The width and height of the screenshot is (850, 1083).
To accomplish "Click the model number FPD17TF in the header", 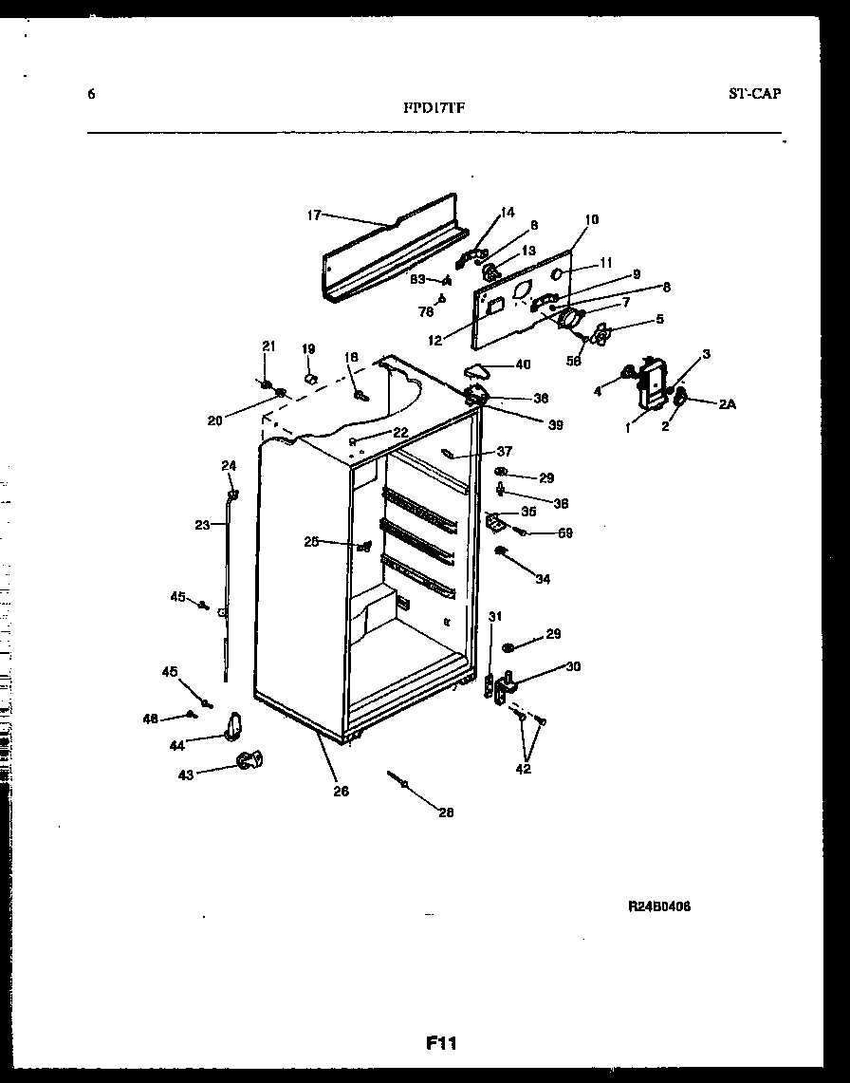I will coord(434,107).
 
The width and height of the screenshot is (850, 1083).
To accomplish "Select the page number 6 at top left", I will coord(91,93).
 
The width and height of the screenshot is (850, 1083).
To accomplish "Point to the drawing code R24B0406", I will coord(658,906).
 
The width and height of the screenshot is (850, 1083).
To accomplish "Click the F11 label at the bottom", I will coord(441,1044).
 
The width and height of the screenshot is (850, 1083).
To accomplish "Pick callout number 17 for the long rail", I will coord(314,215).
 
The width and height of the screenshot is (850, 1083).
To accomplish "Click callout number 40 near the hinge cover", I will coord(523,364).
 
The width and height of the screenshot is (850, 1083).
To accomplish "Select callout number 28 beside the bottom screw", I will coord(446,812).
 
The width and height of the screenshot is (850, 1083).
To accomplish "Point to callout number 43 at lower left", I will coord(185,775).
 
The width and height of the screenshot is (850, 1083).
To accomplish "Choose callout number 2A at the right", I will coord(727,404).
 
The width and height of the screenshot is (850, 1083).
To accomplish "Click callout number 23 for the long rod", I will coord(201,524).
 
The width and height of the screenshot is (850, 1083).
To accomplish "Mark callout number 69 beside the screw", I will coord(564,533).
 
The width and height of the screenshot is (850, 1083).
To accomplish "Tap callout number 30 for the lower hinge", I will coord(572,666).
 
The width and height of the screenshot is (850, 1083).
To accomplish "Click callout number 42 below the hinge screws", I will coord(524,769).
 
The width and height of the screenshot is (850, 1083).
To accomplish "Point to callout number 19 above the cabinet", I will coord(308,349).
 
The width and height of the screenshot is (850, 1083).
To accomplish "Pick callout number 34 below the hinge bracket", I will coord(543,579).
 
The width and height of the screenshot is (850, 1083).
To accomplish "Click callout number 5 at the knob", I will coord(659,319).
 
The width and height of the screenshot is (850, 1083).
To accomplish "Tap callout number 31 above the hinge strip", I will coord(494,617).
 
